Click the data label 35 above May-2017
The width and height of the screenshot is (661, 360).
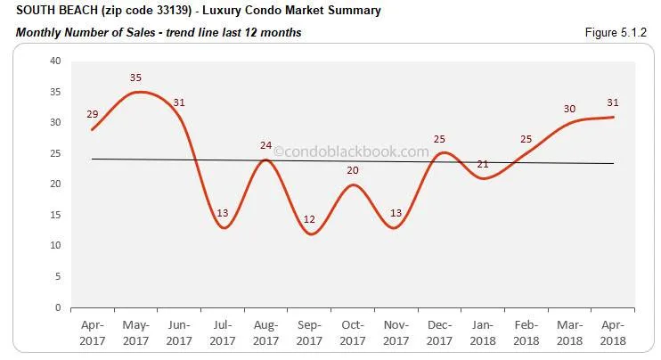click(x=135, y=78)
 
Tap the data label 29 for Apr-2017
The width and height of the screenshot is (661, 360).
click(x=93, y=114)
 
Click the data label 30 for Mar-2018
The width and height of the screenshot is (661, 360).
click(x=569, y=109)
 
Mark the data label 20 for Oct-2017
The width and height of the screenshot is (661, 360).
click(x=353, y=170)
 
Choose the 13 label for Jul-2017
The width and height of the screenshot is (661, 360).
click(x=223, y=214)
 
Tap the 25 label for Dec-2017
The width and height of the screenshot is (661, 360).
click(x=439, y=140)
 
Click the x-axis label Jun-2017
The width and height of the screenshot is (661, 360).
click(x=179, y=333)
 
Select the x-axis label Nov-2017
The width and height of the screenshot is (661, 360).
click(x=396, y=333)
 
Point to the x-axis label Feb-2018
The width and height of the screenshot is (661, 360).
click(x=526, y=333)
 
